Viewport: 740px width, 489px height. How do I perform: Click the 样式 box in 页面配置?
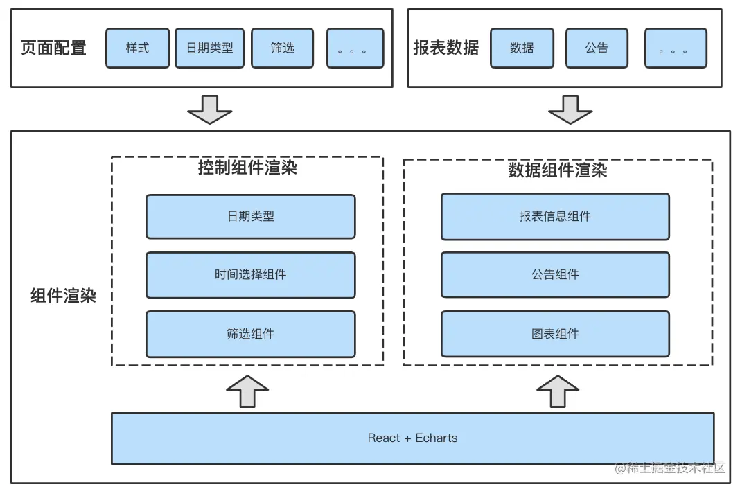click(x=137, y=48)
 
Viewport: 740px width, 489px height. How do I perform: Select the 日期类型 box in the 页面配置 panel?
click(x=209, y=48)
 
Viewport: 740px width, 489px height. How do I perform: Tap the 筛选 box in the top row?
click(x=282, y=48)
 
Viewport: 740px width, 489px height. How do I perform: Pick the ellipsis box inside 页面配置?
click(x=355, y=48)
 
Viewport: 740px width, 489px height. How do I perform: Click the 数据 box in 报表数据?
click(x=521, y=48)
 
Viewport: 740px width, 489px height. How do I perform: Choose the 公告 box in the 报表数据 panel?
click(x=597, y=48)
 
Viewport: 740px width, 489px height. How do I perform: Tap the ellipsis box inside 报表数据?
click(x=676, y=48)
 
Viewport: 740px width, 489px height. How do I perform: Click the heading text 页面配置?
click(x=54, y=48)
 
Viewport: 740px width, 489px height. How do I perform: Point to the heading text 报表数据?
click(x=446, y=48)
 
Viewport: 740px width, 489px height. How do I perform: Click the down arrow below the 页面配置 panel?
click(x=209, y=109)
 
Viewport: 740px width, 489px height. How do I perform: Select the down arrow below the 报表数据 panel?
click(x=570, y=109)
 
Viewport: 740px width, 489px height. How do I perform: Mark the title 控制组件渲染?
click(x=247, y=168)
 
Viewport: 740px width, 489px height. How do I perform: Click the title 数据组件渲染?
click(x=558, y=170)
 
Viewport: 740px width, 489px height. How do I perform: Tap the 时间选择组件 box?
click(x=250, y=275)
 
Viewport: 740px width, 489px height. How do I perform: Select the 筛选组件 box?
click(x=250, y=334)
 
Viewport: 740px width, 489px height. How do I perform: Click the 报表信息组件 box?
click(x=555, y=216)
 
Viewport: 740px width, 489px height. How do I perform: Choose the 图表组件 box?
click(x=555, y=334)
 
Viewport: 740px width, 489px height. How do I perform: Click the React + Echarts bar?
click(x=412, y=438)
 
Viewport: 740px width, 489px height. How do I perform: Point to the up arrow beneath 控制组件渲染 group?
click(x=247, y=391)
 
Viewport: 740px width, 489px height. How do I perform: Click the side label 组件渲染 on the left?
click(x=63, y=296)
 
